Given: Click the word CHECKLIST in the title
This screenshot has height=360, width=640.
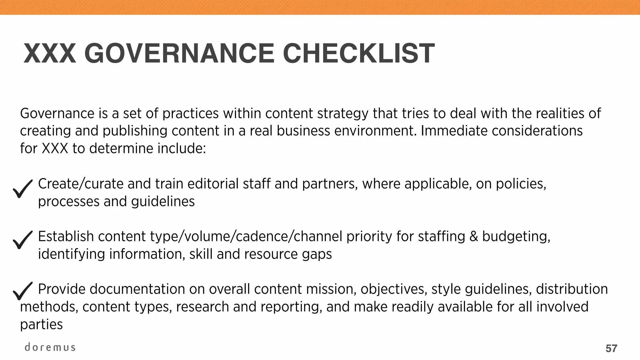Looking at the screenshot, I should (x=358, y=53).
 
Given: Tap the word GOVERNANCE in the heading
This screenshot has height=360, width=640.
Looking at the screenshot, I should (x=179, y=53).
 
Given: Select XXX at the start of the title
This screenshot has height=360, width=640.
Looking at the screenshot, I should (x=50, y=53).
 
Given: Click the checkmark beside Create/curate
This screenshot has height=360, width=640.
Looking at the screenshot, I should (x=22, y=189).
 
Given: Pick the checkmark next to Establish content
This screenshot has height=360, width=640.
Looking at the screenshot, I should (x=22, y=240).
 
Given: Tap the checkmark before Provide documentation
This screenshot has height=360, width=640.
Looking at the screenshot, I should (x=22, y=291).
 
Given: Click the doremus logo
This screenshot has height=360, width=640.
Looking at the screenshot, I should (x=50, y=347).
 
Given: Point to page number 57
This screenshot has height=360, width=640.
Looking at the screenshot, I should (x=611, y=348).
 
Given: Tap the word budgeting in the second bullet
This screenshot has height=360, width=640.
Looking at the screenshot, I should (x=516, y=237).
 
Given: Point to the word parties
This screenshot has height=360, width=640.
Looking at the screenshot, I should (x=41, y=325).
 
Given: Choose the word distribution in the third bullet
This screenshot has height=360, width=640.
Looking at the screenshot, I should (x=572, y=289).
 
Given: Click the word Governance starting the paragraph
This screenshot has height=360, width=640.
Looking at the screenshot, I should (x=57, y=113).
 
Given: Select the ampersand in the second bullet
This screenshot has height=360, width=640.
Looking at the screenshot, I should (x=474, y=237).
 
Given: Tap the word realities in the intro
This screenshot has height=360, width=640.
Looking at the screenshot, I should (x=560, y=113).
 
